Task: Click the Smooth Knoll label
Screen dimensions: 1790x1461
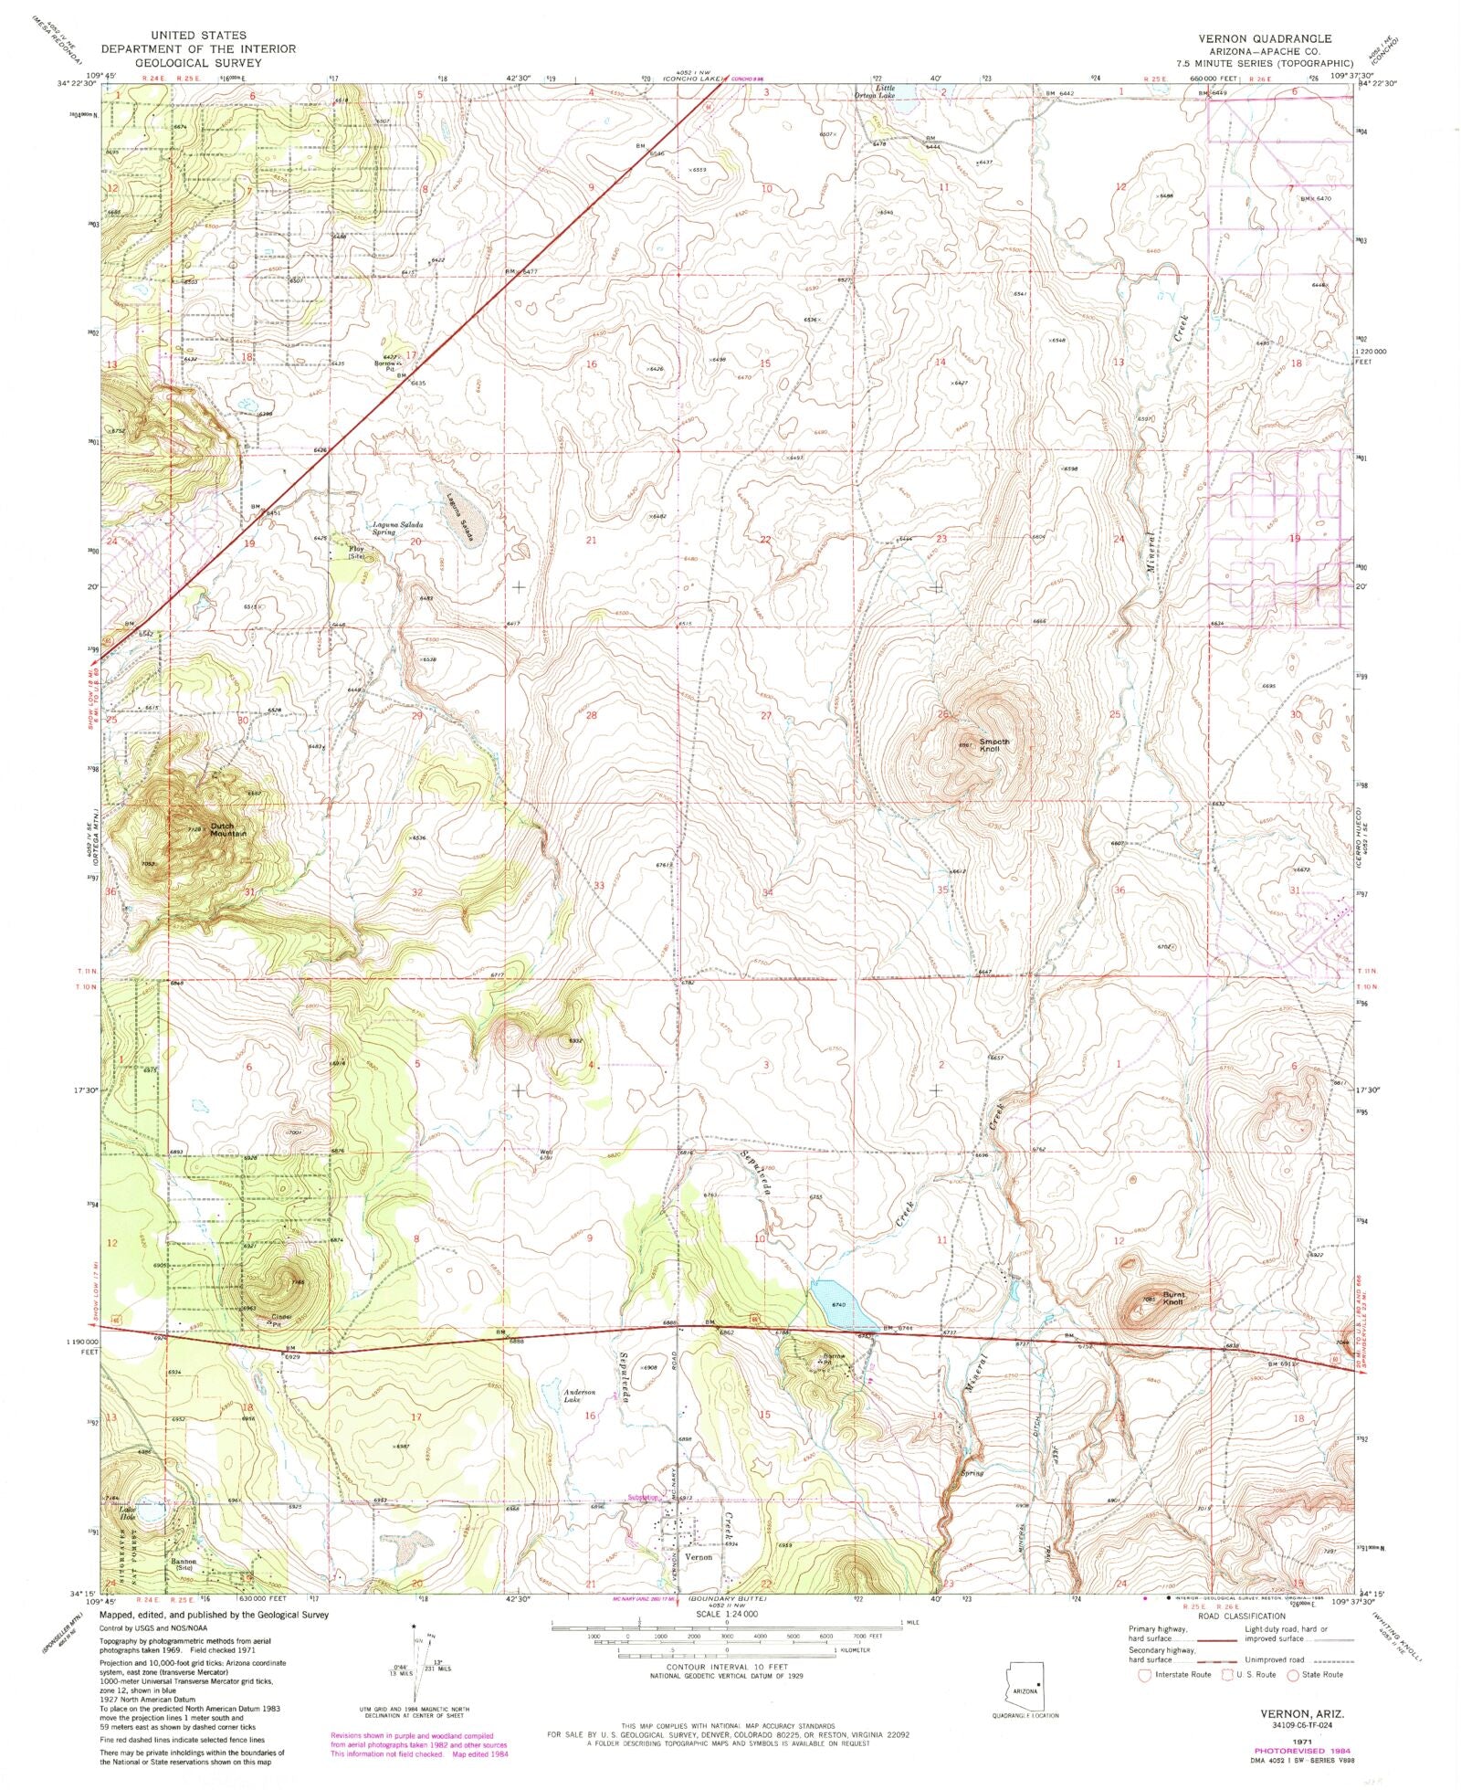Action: pyautogui.click(x=994, y=745)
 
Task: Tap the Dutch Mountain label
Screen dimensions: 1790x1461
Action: pyautogui.click(x=228, y=830)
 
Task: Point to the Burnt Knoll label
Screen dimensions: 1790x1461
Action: pyautogui.click(x=1173, y=1298)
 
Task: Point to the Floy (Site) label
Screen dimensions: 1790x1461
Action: pyautogui.click(x=356, y=552)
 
